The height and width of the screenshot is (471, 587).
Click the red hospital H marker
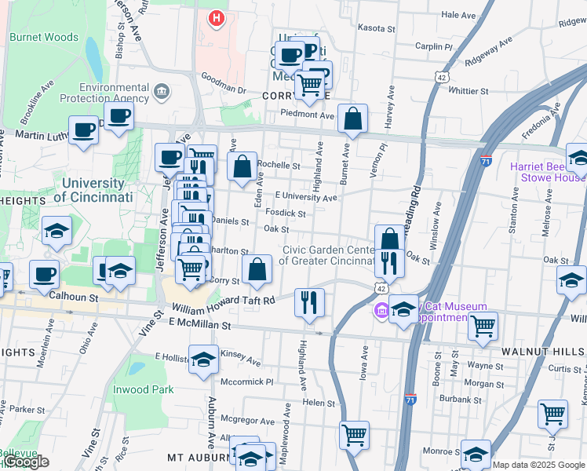tap(217, 16)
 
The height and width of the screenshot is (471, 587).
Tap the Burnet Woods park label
tap(44, 37)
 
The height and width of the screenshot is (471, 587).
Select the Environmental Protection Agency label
tap(114, 93)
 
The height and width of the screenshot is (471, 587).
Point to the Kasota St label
tap(377, 27)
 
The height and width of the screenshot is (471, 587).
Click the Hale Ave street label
tap(459, 15)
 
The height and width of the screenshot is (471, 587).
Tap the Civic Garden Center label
tap(329, 255)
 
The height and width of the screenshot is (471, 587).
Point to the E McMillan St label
tap(199, 324)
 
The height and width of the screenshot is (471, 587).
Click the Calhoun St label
tap(74, 298)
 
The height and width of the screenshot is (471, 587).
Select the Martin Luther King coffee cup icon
tap(83, 130)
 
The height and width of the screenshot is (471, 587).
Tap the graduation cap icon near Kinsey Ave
tap(203, 359)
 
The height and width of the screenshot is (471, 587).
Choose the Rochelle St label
tap(279, 166)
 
